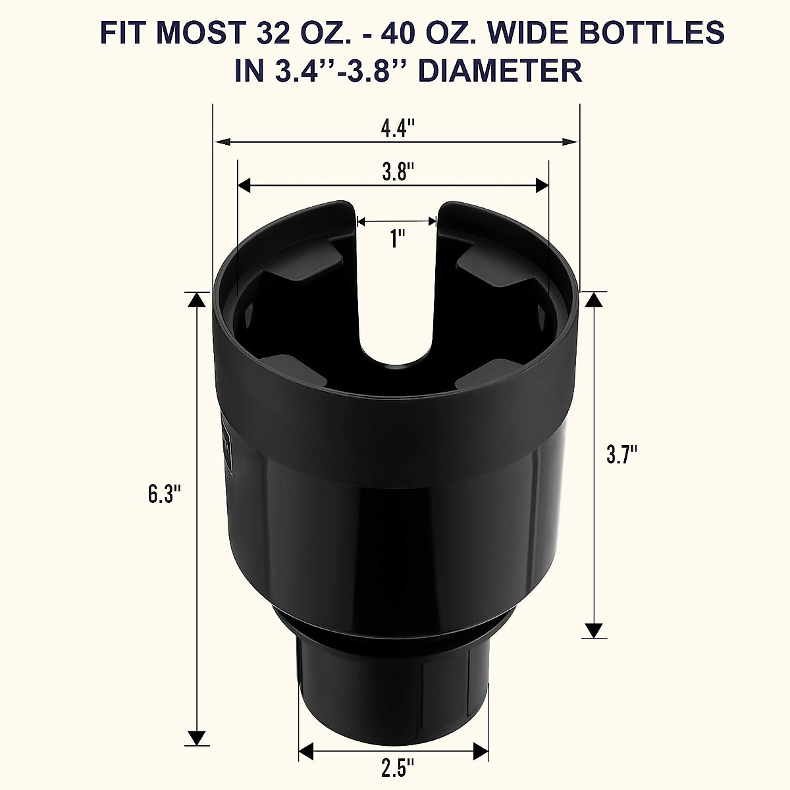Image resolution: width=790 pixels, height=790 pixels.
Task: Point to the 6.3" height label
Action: coord(164,494)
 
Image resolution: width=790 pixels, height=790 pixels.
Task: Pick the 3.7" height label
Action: coord(622,454)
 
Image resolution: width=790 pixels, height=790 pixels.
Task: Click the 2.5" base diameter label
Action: coord(398,768)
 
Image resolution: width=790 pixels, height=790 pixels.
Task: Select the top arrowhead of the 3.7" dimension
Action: coord(594,300)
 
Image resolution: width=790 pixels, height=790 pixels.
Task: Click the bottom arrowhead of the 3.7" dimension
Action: coord(594,630)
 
